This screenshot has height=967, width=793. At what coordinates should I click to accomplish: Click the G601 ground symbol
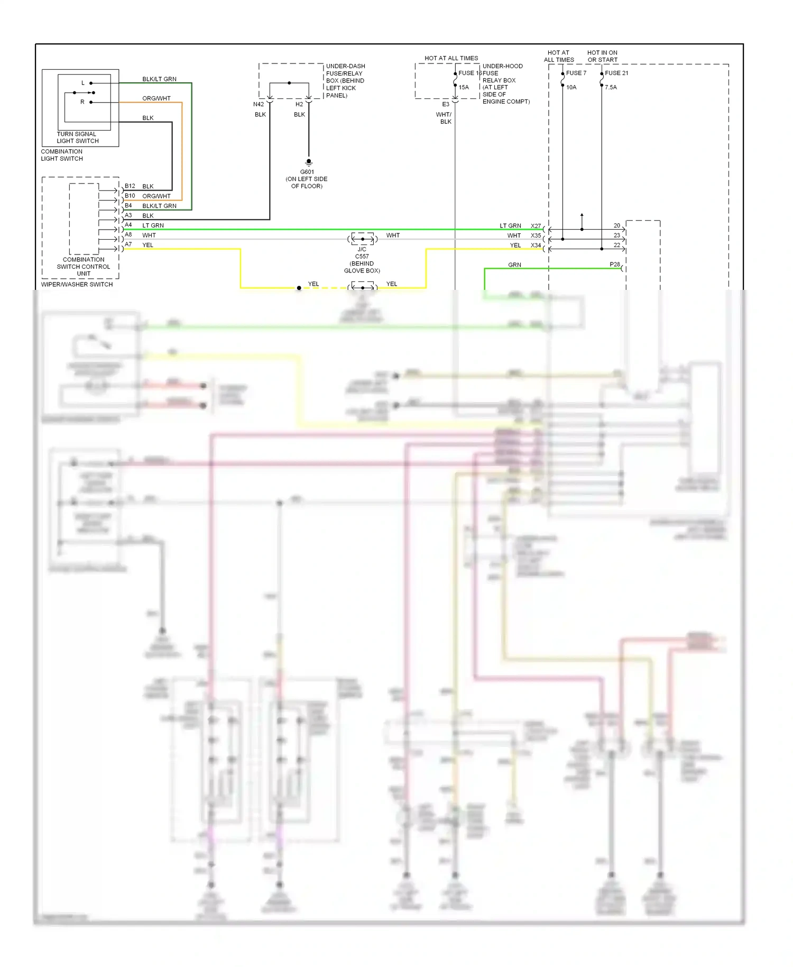[309, 163]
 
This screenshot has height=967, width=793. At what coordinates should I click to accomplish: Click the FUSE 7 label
[576, 73]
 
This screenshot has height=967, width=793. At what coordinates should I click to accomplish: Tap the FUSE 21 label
[616, 73]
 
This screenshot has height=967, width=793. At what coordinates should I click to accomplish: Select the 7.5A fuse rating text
[611, 87]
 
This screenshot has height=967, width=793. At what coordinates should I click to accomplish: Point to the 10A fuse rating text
[571, 87]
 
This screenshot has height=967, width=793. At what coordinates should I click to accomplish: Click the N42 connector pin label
[258, 104]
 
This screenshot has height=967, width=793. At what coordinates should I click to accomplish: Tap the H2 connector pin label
[299, 104]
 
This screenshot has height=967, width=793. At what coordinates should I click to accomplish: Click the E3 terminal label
[446, 104]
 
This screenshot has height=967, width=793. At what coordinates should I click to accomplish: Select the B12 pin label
[130, 186]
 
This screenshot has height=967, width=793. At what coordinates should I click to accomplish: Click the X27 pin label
[536, 226]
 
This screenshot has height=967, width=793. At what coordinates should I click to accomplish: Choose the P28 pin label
[614, 264]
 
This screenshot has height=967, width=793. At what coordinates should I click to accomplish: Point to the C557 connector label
[362, 256]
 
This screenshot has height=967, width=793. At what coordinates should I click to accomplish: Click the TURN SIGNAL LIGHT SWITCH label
[78, 138]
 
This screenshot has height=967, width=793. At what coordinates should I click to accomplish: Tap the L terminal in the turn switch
[83, 83]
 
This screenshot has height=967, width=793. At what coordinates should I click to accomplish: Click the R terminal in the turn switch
[82, 102]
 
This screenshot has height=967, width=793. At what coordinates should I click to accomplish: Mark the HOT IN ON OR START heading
[602, 56]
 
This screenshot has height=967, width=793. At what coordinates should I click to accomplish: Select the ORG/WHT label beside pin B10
[156, 196]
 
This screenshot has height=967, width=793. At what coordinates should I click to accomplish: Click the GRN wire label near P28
[514, 265]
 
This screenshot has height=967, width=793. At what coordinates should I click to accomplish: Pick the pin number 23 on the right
[616, 235]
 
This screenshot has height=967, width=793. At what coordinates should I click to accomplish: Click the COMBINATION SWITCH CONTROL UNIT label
[84, 267]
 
